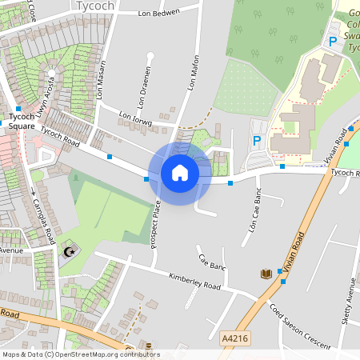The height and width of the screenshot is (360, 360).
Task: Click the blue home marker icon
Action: pos(180,173)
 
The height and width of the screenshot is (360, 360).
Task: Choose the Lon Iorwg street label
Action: pos(135,120)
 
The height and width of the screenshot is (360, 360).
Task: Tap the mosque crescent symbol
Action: pos(69,252)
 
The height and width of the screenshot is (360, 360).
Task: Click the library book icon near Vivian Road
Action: pos(266,274)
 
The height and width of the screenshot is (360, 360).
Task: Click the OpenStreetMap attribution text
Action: pos(80,354)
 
